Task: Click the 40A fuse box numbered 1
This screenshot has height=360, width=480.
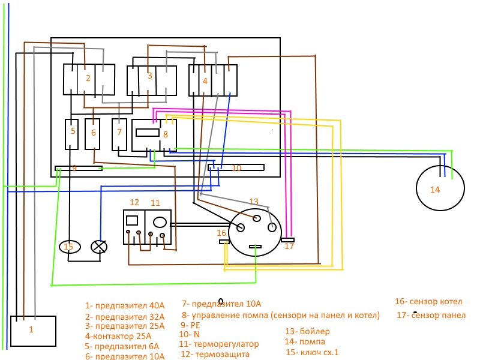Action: [33, 331]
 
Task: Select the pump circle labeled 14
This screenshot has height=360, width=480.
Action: [440, 188]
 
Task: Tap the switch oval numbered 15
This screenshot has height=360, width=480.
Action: [70, 247]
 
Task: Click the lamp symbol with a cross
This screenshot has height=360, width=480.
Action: [99, 247]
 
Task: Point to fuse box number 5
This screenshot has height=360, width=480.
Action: [71, 134]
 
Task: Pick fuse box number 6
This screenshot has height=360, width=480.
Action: [92, 134]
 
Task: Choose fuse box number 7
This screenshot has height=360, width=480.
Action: [119, 134]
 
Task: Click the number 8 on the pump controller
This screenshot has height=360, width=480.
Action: [166, 134]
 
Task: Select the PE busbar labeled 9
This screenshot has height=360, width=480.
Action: [79, 168]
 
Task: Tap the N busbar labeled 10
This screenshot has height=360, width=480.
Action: [236, 167]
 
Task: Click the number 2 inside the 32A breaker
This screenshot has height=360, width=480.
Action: [88, 78]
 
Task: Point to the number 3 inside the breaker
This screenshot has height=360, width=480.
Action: [149, 76]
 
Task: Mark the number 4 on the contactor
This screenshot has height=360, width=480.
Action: [205, 81]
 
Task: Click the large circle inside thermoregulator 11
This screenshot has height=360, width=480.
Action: [160, 222]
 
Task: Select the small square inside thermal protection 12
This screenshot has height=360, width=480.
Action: [132, 220]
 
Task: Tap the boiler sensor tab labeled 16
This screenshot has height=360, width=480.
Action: [224, 242]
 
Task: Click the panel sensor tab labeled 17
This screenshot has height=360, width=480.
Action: [288, 240]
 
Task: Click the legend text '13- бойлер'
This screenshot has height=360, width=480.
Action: [307, 331]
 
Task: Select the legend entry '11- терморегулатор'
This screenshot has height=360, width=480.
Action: [219, 344]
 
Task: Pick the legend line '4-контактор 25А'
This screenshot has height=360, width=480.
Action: [118, 336]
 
